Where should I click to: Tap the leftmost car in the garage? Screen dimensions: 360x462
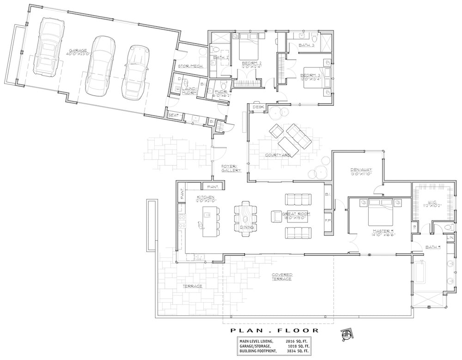point(48,47)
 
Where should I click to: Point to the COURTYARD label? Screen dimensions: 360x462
point(278,155)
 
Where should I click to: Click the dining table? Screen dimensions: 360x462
point(245,220)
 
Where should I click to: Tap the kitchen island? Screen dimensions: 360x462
point(211,221)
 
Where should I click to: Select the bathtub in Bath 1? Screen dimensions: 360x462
point(420,272)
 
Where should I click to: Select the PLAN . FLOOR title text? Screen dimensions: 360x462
point(274,330)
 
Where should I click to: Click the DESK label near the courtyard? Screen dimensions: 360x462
point(257,108)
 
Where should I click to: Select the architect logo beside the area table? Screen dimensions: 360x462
point(346,335)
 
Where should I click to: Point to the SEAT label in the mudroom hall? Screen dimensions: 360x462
point(173,115)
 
